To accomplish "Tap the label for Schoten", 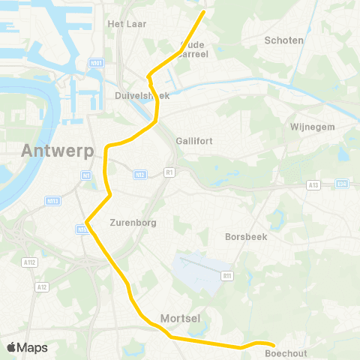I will coord(284,40).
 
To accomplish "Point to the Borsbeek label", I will coord(246,236).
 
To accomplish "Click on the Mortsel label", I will coord(180,319).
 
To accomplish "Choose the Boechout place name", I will coord(286,352).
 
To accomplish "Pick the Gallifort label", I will coord(194,140).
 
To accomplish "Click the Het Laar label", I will coord(127,24).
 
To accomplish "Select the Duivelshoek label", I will coord(142,96).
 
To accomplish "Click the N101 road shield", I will coord(95,63).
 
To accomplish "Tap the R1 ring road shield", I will coord(169,172).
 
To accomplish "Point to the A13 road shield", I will coord(313,184).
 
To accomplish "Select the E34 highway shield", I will coord(343,184).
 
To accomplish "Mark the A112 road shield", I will coord(29,262).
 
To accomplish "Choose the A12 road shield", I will coord(42,286).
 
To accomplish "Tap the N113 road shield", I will coord(53,200).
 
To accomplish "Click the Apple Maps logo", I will coord(27,347).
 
